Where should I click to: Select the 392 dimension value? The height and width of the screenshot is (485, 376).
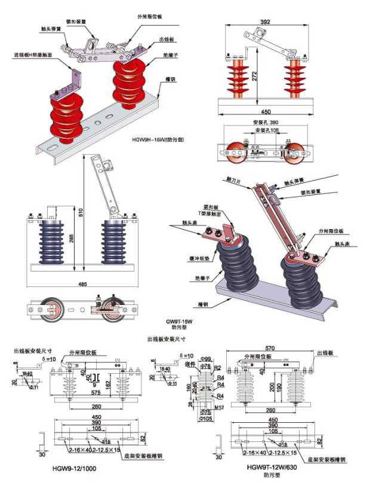(266, 22)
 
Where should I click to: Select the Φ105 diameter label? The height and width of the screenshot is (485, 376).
(206, 419)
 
